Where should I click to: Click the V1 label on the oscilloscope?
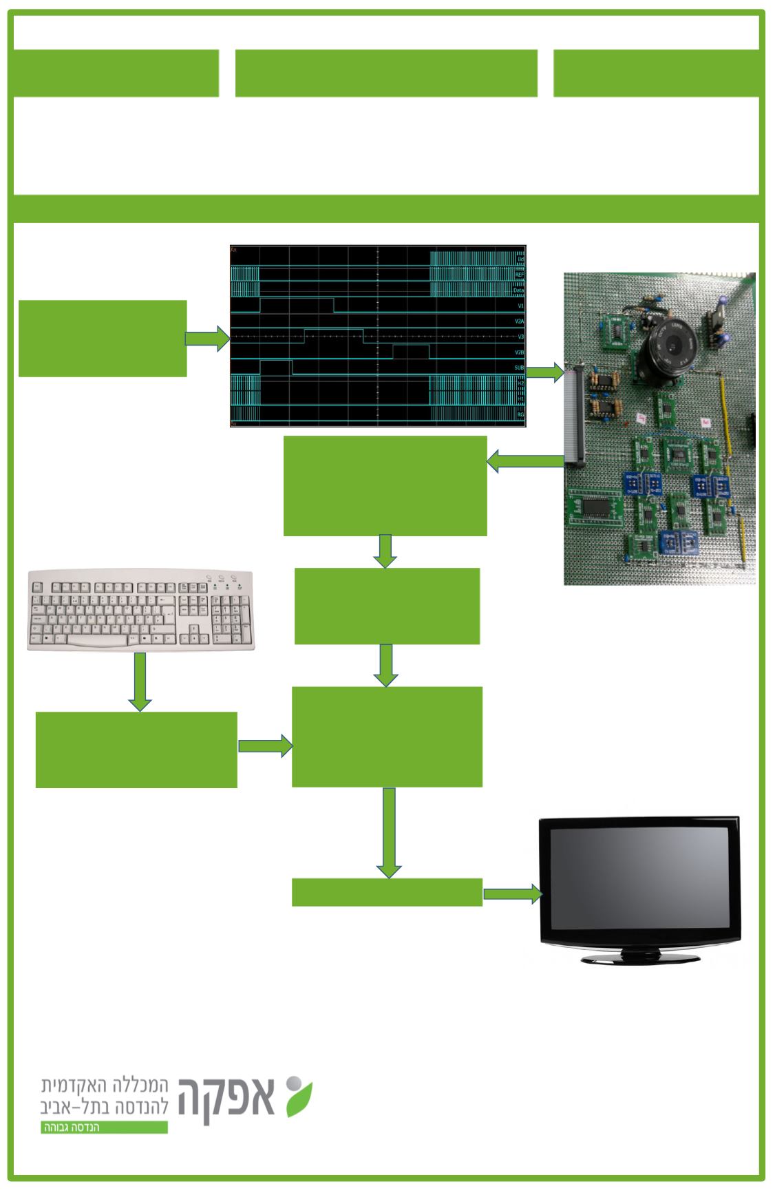(520, 305)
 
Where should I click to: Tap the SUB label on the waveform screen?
(520, 368)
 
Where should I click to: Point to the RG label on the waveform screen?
(520, 416)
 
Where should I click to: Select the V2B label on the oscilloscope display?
(520, 352)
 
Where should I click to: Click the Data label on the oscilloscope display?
(519, 290)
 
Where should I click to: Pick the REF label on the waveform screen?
(520, 275)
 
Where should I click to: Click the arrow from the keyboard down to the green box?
(140, 681)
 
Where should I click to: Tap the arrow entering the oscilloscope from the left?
(207, 339)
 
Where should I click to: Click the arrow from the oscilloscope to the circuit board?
(545, 373)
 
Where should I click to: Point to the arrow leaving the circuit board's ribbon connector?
(524, 463)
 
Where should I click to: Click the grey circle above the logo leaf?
(293, 1081)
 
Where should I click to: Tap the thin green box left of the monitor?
(387, 892)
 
